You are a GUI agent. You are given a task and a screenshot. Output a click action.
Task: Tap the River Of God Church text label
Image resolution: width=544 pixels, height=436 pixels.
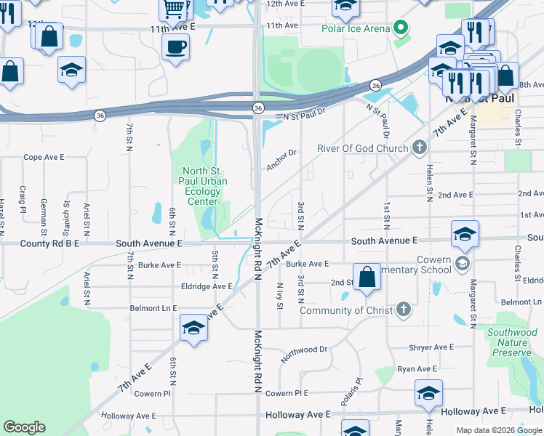[x=363, y=149]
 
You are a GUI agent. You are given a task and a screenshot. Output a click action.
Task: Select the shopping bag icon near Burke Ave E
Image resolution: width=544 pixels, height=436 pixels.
[x=367, y=277]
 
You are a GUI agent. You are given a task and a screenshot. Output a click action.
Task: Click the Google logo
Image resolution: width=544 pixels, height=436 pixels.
[x=24, y=427]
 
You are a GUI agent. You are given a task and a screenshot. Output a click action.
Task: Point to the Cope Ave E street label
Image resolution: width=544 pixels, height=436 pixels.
[x=44, y=156]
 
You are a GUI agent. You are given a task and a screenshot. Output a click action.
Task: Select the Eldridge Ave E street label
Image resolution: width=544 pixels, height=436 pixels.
[x=207, y=286]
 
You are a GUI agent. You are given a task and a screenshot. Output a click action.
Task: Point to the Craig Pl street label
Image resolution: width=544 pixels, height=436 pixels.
[x=23, y=198]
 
